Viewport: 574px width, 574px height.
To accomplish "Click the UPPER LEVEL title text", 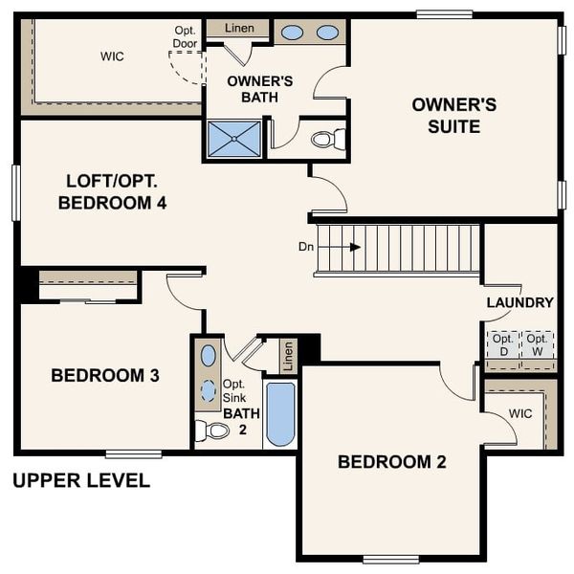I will [81, 480].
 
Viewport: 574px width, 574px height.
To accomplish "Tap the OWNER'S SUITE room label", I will [453, 115].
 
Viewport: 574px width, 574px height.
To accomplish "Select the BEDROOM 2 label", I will [392, 462].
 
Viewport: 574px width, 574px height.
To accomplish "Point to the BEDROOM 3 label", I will [105, 376].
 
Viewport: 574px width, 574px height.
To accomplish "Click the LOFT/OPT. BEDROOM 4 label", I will [113, 191].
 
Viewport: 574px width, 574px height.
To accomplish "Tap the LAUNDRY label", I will [519, 302].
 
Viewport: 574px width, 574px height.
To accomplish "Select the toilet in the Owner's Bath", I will [326, 140].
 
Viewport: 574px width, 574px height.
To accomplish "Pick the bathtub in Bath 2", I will [280, 414].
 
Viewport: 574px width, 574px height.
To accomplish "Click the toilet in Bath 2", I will [213, 430].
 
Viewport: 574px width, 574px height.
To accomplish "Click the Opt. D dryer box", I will [503, 344].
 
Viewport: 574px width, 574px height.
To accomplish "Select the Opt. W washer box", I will [539, 344].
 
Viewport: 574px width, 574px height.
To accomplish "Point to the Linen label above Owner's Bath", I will [240, 28].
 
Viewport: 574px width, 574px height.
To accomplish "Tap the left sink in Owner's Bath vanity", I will [293, 33].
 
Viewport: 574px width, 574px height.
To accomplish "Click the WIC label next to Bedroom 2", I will [519, 414].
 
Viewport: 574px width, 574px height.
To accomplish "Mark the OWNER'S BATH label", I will [260, 89].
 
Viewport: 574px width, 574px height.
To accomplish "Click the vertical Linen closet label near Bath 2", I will [288, 357].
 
